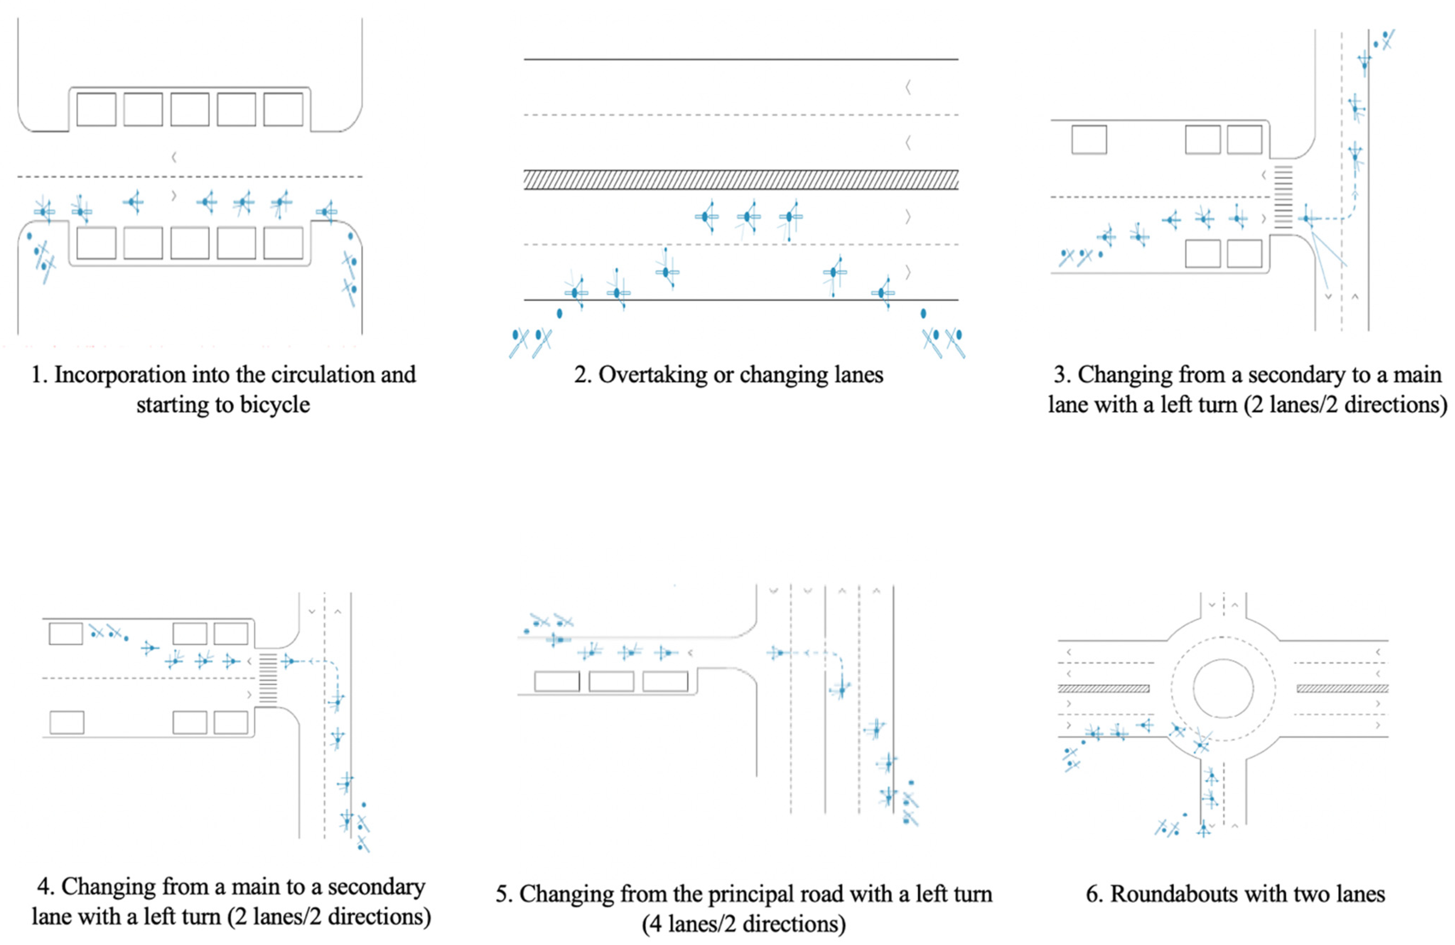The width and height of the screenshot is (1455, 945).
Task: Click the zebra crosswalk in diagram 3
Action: coord(1283,197)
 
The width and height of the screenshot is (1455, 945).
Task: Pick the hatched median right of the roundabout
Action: coord(1342,689)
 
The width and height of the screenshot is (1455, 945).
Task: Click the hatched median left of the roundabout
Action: coord(1104,689)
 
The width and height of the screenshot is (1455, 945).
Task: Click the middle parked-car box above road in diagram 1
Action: coord(189,109)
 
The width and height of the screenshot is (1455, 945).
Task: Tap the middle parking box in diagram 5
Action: coord(611,681)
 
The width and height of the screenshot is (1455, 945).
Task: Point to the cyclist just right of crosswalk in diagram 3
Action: coord(1307,218)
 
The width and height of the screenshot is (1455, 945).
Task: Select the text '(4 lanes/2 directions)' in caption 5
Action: coord(743,924)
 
